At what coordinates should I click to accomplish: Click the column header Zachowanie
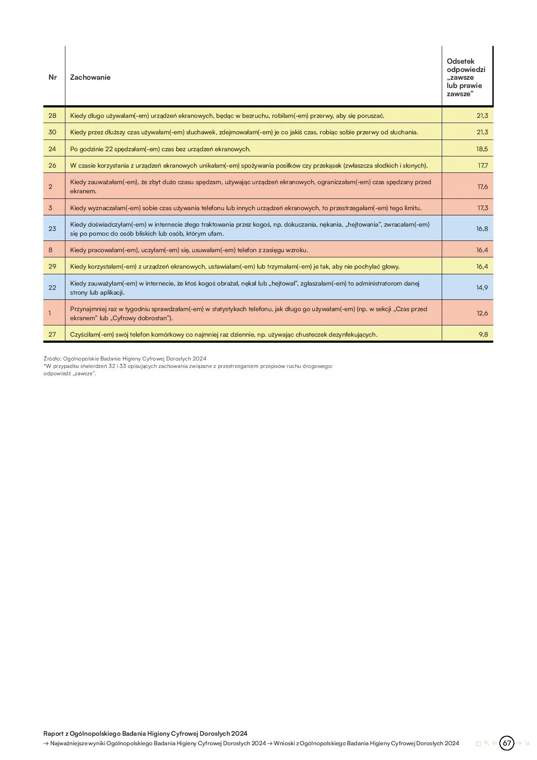click(90, 78)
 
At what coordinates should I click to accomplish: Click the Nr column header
click(53, 78)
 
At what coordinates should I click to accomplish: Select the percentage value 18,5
click(482, 149)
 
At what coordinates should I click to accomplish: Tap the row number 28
click(52, 116)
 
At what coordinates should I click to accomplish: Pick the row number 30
click(52, 132)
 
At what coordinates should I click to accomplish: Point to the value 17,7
click(482, 166)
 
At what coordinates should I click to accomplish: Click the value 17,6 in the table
click(482, 187)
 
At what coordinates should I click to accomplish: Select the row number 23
click(52, 229)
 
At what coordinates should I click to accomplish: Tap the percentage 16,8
click(482, 229)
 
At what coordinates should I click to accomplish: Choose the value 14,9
click(482, 288)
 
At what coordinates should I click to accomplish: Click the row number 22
click(52, 288)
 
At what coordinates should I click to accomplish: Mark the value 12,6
click(482, 313)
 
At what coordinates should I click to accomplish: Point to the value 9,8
click(483, 335)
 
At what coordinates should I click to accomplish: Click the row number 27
click(52, 335)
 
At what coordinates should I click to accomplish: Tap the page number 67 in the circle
click(507, 743)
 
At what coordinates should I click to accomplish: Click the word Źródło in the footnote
click(52, 359)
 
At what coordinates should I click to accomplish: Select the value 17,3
click(482, 208)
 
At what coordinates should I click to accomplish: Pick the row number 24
click(52, 149)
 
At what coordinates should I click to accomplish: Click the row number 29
click(52, 266)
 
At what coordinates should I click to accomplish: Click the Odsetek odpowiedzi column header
click(466, 78)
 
